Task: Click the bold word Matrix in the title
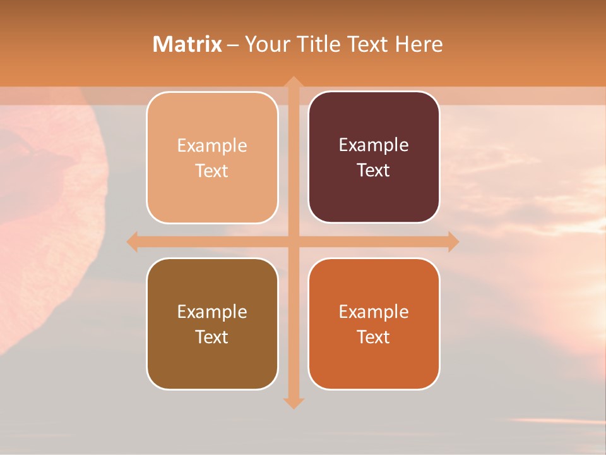tap(187, 44)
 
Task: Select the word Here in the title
tap(419, 44)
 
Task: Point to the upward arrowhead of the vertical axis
tap(293, 82)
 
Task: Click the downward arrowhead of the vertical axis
tap(293, 403)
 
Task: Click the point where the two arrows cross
tap(293, 241)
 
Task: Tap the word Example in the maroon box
tap(374, 145)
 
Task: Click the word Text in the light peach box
tap(212, 171)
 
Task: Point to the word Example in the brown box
tap(212, 312)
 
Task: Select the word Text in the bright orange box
tap(374, 337)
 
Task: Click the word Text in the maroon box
tap(374, 170)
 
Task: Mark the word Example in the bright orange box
tap(374, 312)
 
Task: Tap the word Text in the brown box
tap(212, 337)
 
